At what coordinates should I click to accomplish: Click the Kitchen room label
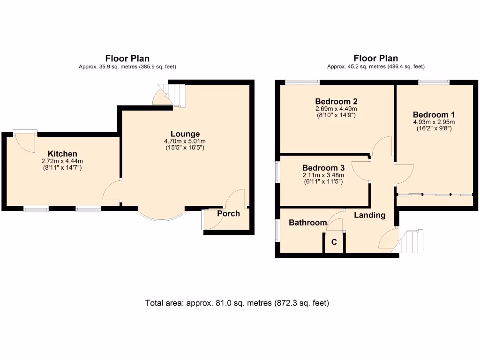pos(62,154)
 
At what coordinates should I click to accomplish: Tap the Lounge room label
pos(185,134)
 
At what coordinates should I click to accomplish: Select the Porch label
pos(228,214)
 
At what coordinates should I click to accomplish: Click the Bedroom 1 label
pos(434,114)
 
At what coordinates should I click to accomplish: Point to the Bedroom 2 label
pos(337,101)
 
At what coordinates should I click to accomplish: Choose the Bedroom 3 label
pos(323,168)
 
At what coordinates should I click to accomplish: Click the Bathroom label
pos(307,222)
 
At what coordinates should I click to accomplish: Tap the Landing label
pos(369,215)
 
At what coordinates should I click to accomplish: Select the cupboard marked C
pos(334,242)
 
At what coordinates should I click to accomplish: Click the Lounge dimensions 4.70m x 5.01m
pos(185,141)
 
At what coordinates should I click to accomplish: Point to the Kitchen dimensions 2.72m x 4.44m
pos(62,161)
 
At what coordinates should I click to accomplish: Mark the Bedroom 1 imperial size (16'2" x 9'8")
pos(434,128)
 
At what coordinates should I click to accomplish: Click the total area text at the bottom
pos(237,303)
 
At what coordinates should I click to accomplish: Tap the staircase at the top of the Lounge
pos(177,95)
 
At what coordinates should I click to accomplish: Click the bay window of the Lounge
pos(161,215)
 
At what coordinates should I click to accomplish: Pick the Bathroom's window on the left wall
pos(277,231)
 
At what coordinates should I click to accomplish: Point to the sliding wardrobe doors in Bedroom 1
pos(434,194)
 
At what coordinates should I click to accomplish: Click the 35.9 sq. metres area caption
pos(127,67)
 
